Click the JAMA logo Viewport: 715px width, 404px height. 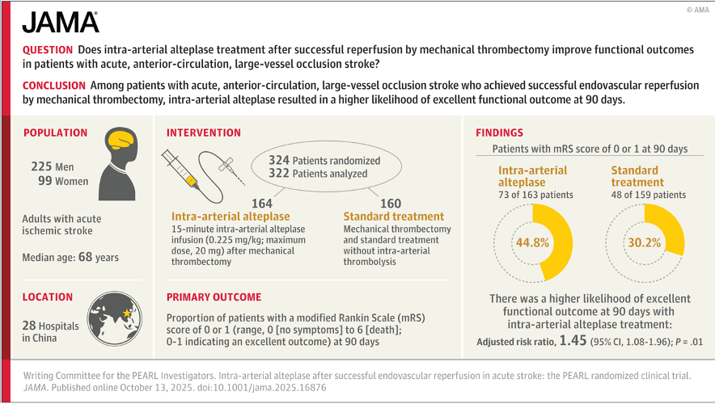(x=61, y=23)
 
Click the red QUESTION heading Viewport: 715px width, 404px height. (x=48, y=49)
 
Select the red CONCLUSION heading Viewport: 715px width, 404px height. (x=54, y=85)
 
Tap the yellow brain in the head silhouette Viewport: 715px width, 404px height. (x=122, y=138)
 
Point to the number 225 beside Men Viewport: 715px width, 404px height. (x=41, y=166)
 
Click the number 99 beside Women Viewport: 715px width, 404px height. (x=45, y=181)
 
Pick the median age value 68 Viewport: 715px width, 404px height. (x=85, y=257)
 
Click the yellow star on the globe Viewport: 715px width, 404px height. (x=127, y=313)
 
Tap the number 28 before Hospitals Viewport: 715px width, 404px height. (x=29, y=326)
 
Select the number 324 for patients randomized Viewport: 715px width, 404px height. (x=279, y=160)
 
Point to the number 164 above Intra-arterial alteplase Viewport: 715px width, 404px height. (x=262, y=203)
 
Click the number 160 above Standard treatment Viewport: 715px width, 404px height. (x=391, y=203)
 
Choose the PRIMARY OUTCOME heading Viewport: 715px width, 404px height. (x=214, y=297)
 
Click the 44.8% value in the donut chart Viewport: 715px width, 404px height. (x=532, y=242)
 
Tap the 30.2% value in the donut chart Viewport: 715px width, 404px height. (x=645, y=242)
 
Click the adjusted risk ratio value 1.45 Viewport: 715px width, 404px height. (x=573, y=341)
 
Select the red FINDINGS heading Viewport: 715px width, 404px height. (x=499, y=133)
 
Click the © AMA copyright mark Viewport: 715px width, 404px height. (x=698, y=10)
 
